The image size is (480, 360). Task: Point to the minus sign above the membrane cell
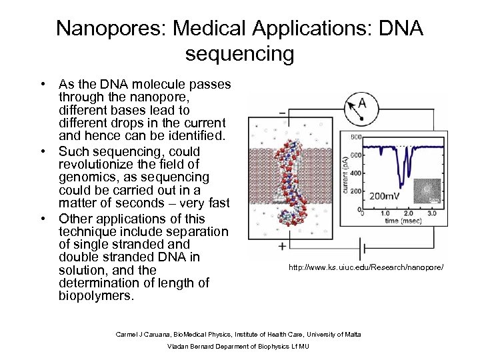point(283,113)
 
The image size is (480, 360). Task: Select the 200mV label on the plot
point(387,197)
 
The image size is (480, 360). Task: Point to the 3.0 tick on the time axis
point(432,213)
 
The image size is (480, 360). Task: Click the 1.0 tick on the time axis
point(385,213)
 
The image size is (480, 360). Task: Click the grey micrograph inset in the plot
point(427,191)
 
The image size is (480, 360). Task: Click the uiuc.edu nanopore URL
point(365,268)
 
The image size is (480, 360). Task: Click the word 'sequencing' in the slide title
point(239,53)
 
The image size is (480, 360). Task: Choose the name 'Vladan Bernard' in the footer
point(191,347)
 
